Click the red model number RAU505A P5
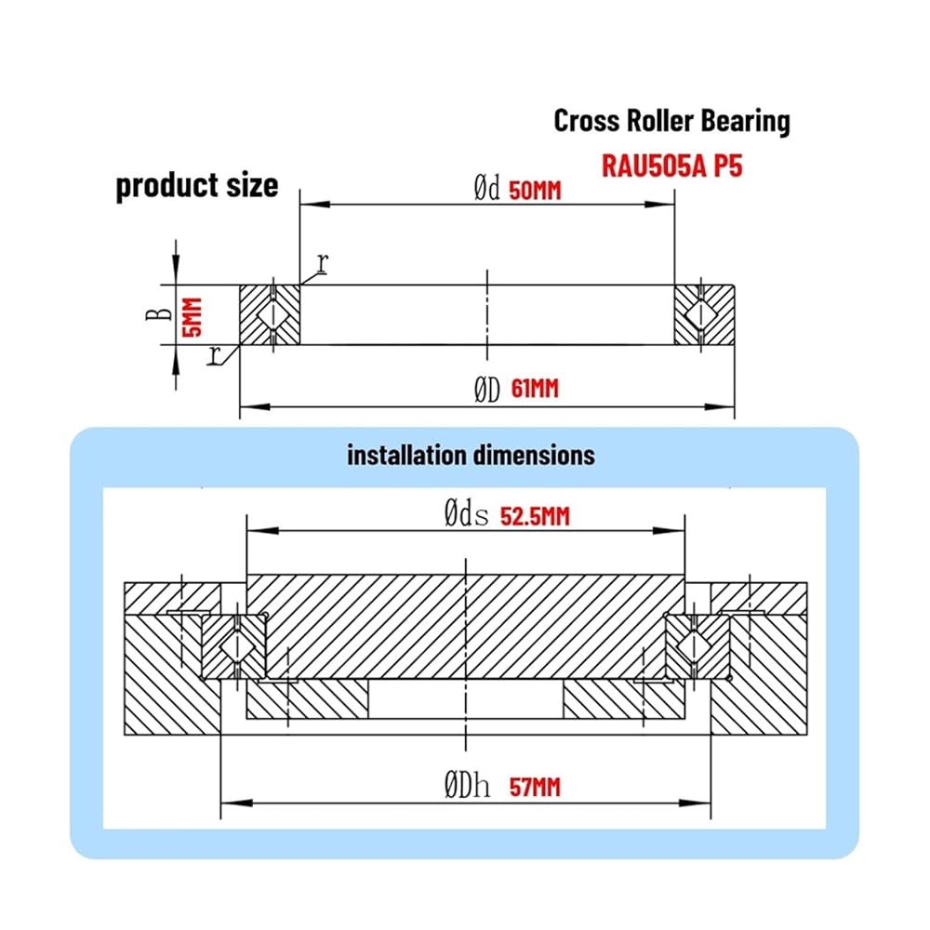[x=672, y=166]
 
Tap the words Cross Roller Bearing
[x=672, y=121]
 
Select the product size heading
[x=197, y=186]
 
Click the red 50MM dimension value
[x=535, y=191]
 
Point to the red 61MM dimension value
[x=535, y=389]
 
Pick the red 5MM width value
[x=193, y=317]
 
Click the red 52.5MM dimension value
[x=535, y=516]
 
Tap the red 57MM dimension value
[x=535, y=787]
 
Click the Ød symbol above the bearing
[x=487, y=189]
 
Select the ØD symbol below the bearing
[x=487, y=390]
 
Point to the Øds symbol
[x=467, y=513]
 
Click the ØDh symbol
[x=468, y=785]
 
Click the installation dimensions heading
[x=471, y=456]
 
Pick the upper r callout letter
[x=322, y=263]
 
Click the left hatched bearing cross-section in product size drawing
[x=270, y=314]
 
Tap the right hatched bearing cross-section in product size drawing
[x=705, y=314]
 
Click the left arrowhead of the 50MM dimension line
[x=315, y=204]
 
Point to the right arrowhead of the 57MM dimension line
[x=695, y=804]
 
